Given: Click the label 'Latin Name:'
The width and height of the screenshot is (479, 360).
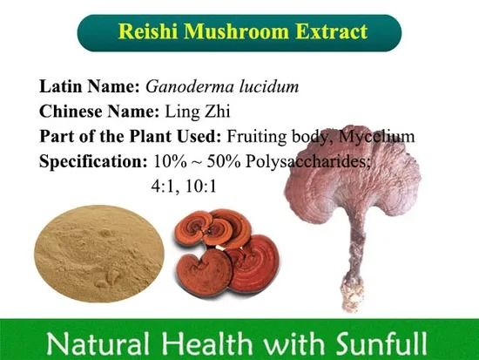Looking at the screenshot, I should pos(90,87).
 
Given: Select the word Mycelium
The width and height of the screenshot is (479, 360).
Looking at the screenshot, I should pos(377,137).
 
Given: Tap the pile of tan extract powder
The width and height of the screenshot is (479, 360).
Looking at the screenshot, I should pos(98,252).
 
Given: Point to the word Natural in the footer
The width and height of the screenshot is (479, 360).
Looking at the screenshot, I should pos(89,339).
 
